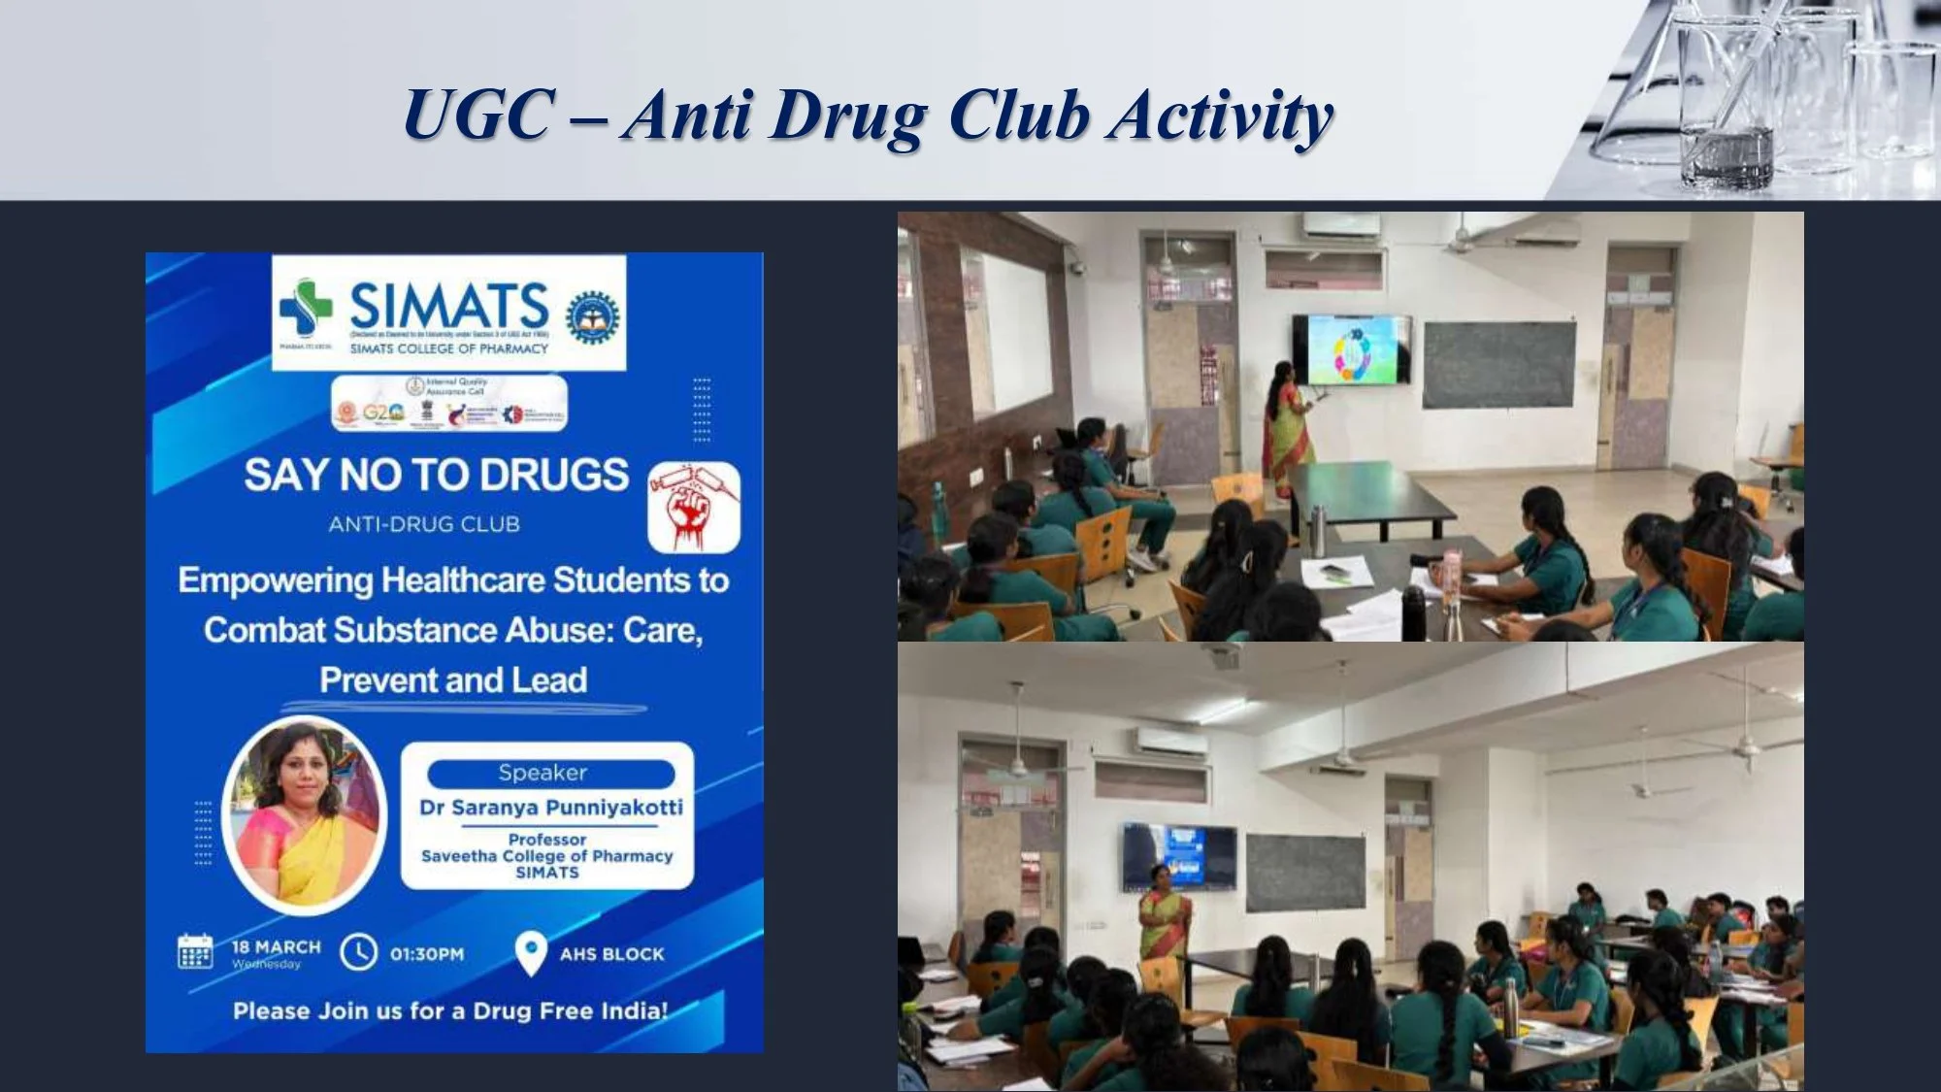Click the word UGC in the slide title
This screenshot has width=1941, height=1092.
tap(478, 116)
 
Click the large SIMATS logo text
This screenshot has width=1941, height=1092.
tap(448, 306)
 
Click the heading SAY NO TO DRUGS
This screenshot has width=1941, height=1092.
tap(436, 476)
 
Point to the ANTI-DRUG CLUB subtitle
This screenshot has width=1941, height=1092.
tap(424, 525)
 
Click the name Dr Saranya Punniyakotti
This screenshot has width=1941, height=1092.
tap(550, 808)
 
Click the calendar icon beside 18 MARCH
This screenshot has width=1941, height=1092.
tap(195, 951)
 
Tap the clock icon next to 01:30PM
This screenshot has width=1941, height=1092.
tap(358, 952)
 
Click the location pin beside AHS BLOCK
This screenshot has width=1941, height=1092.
tap(530, 953)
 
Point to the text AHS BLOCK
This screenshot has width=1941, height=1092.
tap(611, 954)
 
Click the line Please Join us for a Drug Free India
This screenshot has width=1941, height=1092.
tap(450, 1011)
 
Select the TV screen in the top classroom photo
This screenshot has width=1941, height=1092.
tap(1350, 349)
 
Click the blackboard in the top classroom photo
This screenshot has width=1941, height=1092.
tap(1498, 365)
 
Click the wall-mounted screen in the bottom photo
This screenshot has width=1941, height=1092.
tap(1179, 856)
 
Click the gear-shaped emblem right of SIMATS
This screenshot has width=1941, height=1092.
tap(593, 317)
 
